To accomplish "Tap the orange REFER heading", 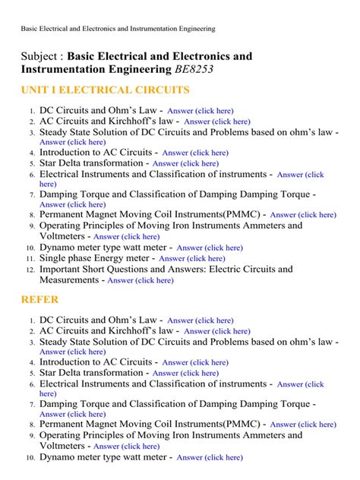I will click(x=39, y=299).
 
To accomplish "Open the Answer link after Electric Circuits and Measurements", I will click(x=141, y=280).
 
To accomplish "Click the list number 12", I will click(x=30, y=270).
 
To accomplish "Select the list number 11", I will click(x=30, y=259).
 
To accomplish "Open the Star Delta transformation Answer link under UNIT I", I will click(x=185, y=163).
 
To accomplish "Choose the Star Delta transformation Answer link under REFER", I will click(x=185, y=373).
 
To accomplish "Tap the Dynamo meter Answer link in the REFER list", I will click(x=210, y=458).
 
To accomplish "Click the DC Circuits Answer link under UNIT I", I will click(x=201, y=111).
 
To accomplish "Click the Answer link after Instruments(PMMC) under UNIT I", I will click(x=302, y=215).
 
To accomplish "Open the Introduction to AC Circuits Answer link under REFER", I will click(x=195, y=363).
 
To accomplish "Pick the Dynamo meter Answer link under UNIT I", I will click(x=210, y=248).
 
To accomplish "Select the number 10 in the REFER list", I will click(x=30, y=458).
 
